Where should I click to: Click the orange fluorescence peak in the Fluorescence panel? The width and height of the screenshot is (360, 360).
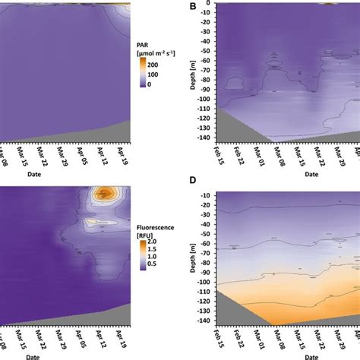coord(100,194)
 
